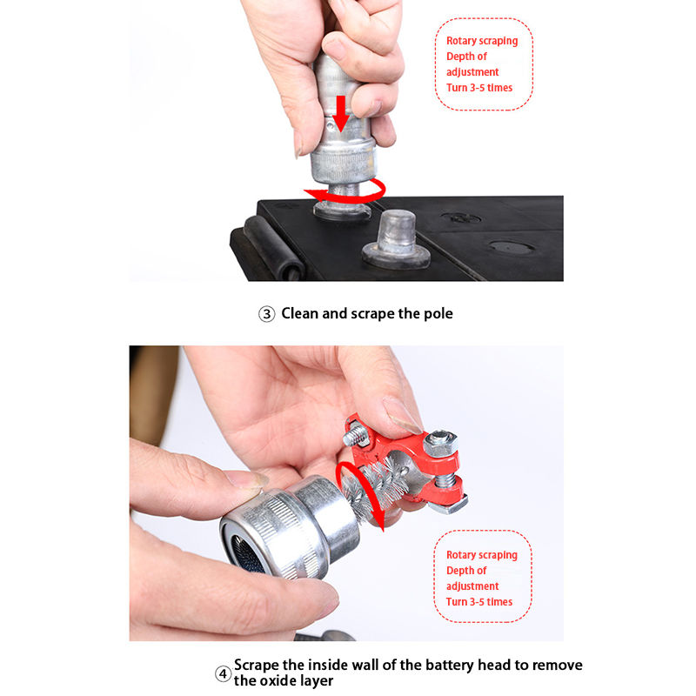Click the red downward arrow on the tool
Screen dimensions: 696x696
click(341, 113)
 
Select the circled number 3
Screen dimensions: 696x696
click(267, 314)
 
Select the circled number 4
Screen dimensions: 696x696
click(224, 674)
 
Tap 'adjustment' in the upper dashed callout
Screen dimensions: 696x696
click(472, 72)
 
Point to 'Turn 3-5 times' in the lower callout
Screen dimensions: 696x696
click(479, 602)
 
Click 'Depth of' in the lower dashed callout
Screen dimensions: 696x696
click(466, 571)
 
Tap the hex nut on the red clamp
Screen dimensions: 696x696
click(440, 442)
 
